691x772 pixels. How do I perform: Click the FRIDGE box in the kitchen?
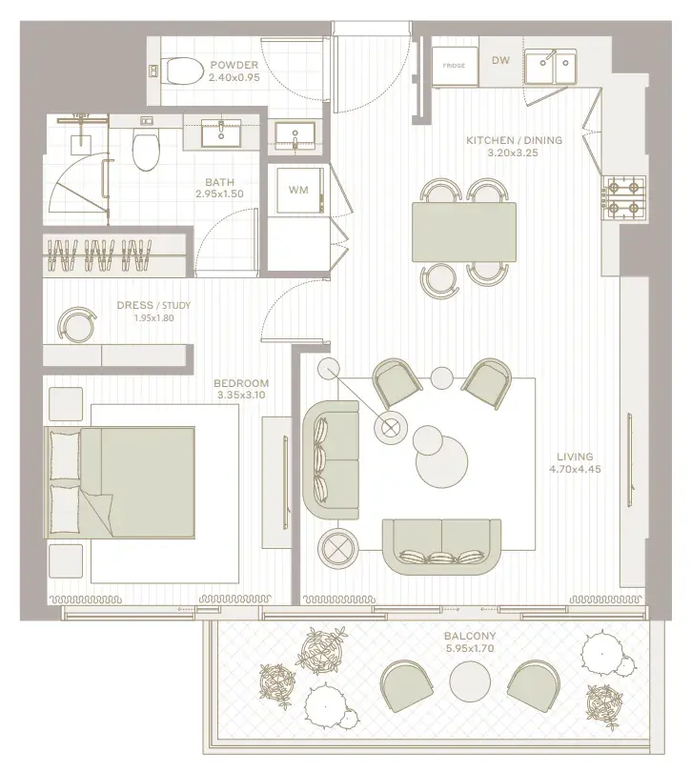coord(455,66)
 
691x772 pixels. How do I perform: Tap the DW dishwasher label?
coord(500,61)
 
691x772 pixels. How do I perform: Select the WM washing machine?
coord(297,190)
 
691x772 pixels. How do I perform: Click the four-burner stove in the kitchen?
coord(624,198)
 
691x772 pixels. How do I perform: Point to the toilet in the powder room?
coord(183,71)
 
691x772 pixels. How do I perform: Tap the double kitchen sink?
coord(550,66)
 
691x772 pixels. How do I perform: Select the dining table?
coord(464,232)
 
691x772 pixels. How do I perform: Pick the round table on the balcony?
coord(470,681)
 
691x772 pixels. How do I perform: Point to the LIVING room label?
coord(575,457)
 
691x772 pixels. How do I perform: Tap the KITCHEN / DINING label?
coord(514,140)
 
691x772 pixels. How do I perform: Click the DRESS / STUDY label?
coord(153,305)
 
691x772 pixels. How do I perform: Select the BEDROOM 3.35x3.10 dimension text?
coord(241,395)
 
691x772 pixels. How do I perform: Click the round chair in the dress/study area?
coord(76,324)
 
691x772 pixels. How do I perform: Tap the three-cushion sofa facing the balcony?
coord(442,546)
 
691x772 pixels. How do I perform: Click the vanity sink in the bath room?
coord(221,132)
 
